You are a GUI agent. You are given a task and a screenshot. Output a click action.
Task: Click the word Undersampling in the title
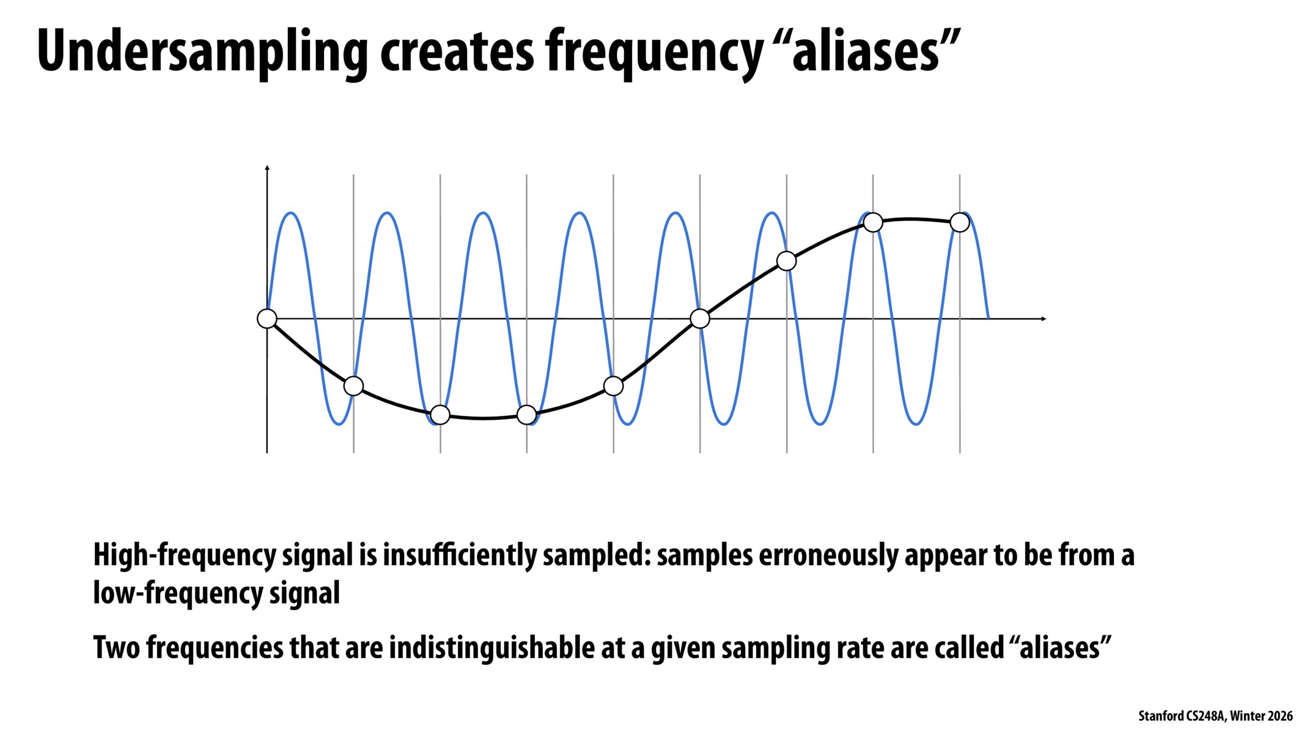click(x=202, y=52)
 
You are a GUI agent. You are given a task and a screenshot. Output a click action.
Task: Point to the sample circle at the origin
click(x=267, y=318)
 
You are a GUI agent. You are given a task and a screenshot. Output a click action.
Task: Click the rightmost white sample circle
click(x=960, y=222)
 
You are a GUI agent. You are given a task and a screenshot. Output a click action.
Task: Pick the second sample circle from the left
click(x=353, y=385)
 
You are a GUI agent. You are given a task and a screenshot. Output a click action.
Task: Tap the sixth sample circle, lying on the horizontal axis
click(x=700, y=318)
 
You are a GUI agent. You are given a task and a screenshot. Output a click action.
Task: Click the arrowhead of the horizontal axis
click(x=1044, y=318)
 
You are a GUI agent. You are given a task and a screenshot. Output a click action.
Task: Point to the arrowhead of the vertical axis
click(x=267, y=167)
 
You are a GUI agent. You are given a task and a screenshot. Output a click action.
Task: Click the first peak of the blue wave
click(x=292, y=213)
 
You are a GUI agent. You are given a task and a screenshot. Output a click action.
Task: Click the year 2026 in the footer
click(x=1280, y=716)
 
